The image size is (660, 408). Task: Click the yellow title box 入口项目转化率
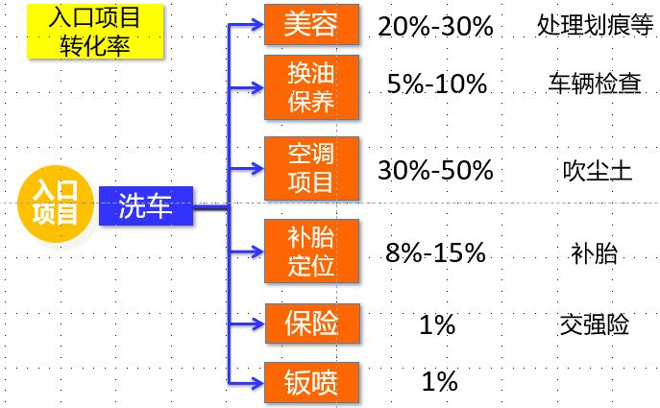(x=93, y=32)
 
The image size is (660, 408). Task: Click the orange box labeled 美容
(x=311, y=26)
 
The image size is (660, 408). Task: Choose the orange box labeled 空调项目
(x=311, y=167)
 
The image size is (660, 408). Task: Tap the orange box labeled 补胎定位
(x=311, y=252)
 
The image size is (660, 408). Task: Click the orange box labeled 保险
(x=311, y=324)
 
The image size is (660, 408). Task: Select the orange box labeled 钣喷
(x=311, y=382)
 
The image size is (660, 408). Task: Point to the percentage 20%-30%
(x=435, y=27)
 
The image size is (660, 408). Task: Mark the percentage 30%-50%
(x=435, y=171)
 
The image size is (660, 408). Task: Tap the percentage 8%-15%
(x=435, y=254)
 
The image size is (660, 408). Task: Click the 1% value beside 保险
(x=437, y=325)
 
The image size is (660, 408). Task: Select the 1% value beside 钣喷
(x=439, y=382)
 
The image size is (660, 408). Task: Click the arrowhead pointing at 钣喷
(x=257, y=382)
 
